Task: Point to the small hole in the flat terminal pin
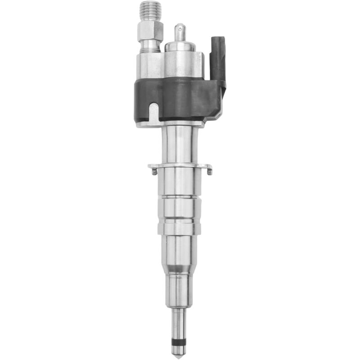[180, 31]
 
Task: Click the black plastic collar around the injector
[180, 97]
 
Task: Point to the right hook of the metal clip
[208, 169]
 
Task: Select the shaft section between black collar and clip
[180, 144]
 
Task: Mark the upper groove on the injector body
[180, 196]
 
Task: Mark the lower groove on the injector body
[180, 220]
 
